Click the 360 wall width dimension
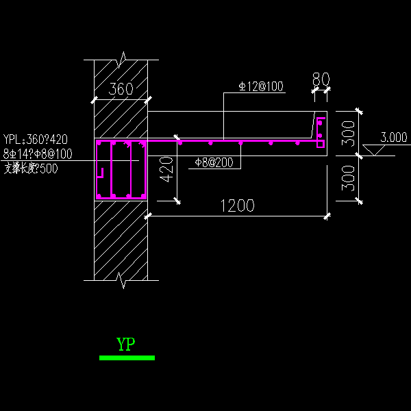click(121, 89)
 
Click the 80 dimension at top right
click(321, 77)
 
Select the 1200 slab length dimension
click(237, 206)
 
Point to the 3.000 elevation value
click(393, 137)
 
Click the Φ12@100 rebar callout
click(261, 86)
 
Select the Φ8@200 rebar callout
click(213, 162)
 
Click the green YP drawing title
click(126, 344)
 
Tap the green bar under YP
click(127, 358)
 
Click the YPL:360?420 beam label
click(36, 140)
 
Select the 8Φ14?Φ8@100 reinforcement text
click(38, 154)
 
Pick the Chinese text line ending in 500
click(31, 169)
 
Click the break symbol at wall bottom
click(121, 279)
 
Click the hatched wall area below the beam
click(121, 240)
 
